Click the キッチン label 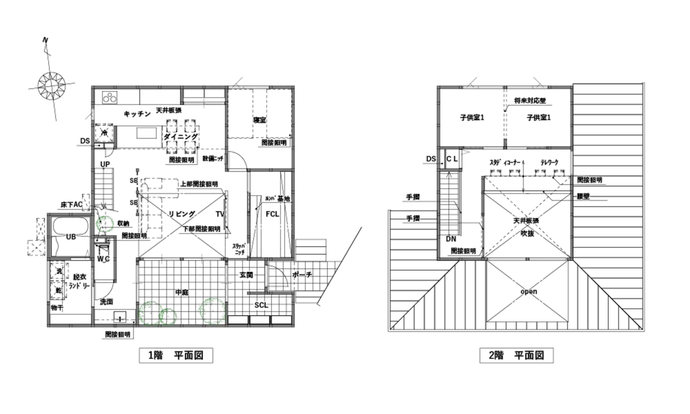(137, 114)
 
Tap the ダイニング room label (181, 137)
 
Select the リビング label (182, 214)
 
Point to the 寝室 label (260, 120)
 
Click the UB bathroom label (71, 237)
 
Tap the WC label (103, 259)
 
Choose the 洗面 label (106, 301)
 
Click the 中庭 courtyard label (182, 292)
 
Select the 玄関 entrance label (246, 275)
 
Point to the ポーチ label (302, 275)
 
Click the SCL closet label (261, 306)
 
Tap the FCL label (273, 214)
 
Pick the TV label (221, 214)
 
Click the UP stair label (105, 164)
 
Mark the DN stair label (450, 239)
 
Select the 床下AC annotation (72, 205)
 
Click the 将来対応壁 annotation (530, 100)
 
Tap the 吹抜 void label (528, 233)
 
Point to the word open (528, 292)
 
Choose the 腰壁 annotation (584, 196)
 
